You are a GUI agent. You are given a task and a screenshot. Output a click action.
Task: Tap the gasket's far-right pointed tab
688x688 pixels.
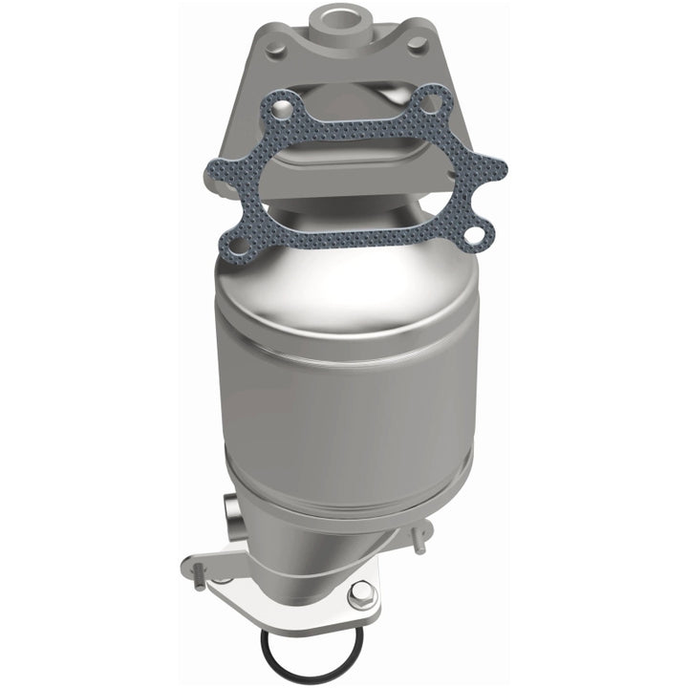tap(500, 173)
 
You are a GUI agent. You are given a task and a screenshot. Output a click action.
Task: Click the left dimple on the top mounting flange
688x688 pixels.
tap(274, 45)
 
